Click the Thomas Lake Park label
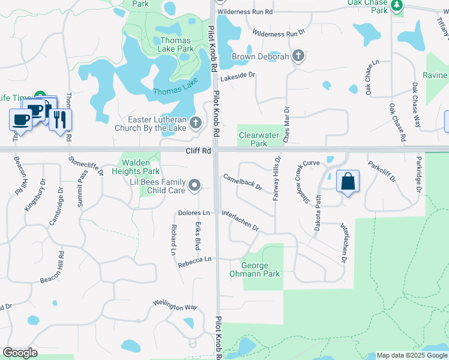pos(176,44)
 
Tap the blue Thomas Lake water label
pos(175,91)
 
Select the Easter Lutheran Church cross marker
pos(195,123)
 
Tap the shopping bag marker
pos(348,181)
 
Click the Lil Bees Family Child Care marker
pos(194,186)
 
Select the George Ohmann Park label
pos(261,269)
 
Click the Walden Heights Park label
pos(140,167)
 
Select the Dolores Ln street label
pos(194,213)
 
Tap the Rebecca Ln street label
pos(195,259)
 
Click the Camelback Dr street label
pos(243,182)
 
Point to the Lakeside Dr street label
pos(238,76)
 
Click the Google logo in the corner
pos(20,353)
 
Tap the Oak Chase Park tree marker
pos(396,6)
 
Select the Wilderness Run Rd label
pos(245,12)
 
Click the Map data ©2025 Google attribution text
pos(412,355)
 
